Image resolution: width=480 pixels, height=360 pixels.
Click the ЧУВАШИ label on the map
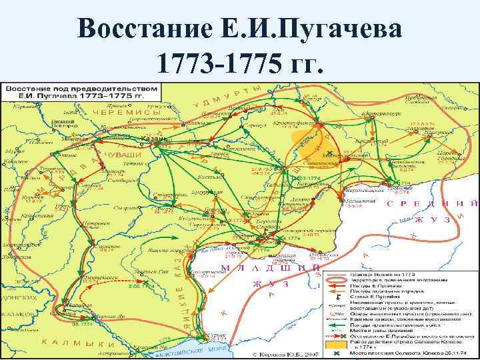coord(119,155)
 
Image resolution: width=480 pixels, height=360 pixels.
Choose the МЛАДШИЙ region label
coord(267,267)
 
